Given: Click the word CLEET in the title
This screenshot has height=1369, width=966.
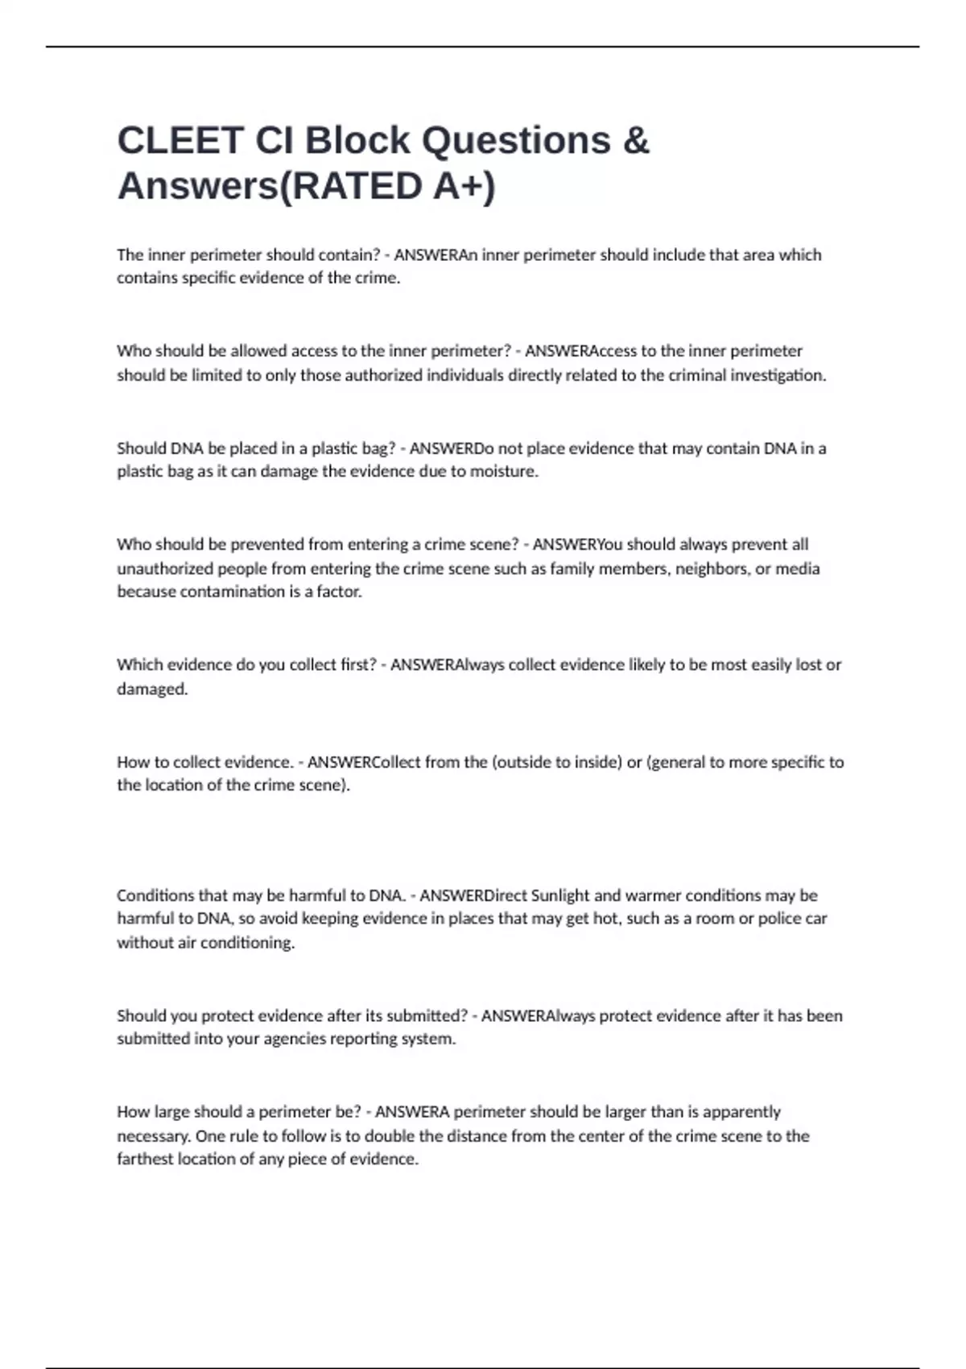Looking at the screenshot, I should click(x=180, y=140).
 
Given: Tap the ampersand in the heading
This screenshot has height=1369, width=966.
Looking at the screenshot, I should click(x=636, y=140).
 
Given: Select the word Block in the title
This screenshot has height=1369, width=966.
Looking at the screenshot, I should click(x=357, y=140).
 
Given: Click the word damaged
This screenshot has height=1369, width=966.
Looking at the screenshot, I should click(x=152, y=689).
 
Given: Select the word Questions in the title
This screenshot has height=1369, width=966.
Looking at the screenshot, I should click(x=517, y=140).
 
